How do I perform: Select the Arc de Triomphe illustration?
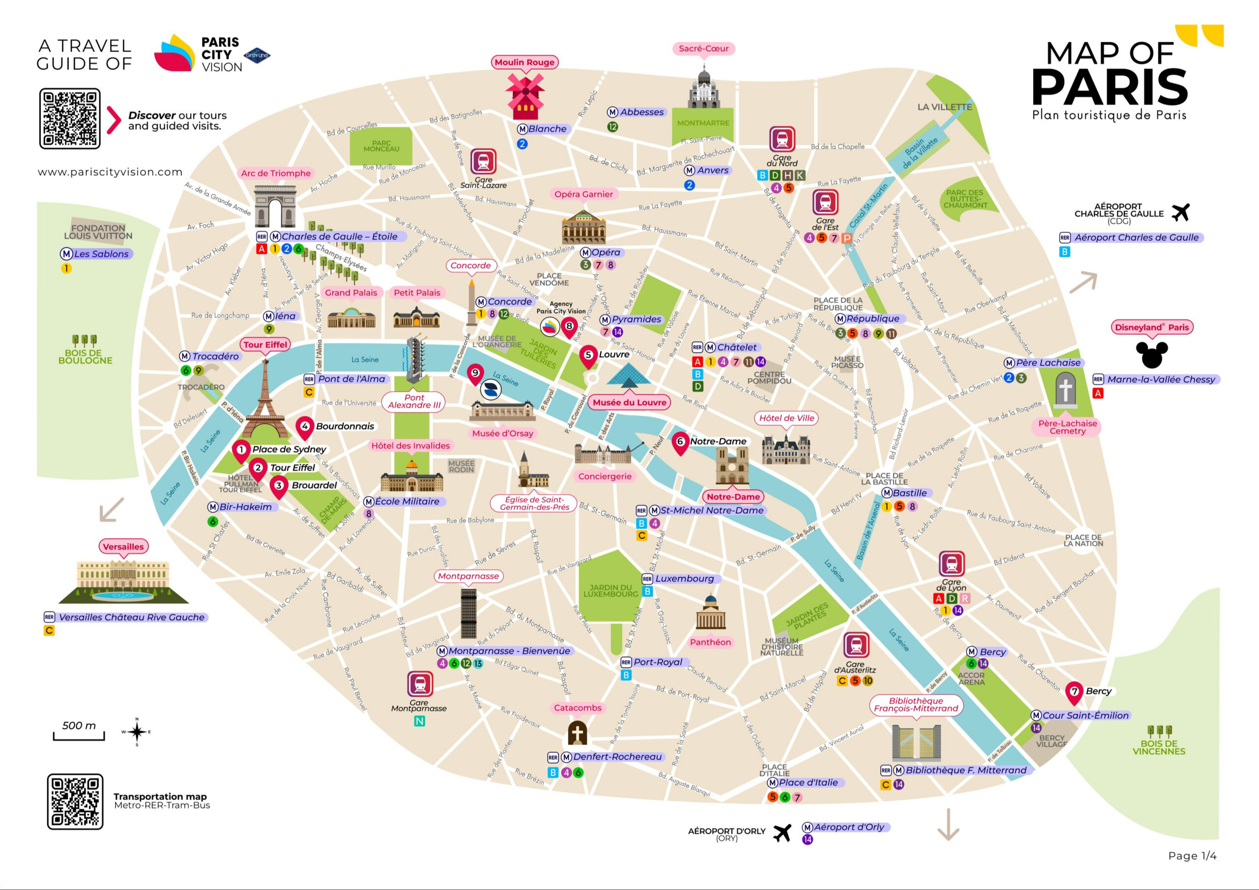pyautogui.click(x=275, y=206)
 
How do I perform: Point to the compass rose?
pyautogui.click(x=137, y=732)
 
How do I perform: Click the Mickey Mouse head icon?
pyautogui.click(x=1151, y=354)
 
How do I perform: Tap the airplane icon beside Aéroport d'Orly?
pyautogui.click(x=782, y=833)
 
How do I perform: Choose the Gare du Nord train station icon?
pyautogui.click(x=782, y=139)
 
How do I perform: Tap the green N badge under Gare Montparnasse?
pyautogui.click(x=419, y=722)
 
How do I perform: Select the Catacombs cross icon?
pyautogui.click(x=577, y=733)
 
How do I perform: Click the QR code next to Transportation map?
pyautogui.click(x=75, y=801)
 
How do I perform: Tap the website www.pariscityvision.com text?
pyautogui.click(x=110, y=172)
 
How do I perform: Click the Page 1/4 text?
pyautogui.click(x=1192, y=856)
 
